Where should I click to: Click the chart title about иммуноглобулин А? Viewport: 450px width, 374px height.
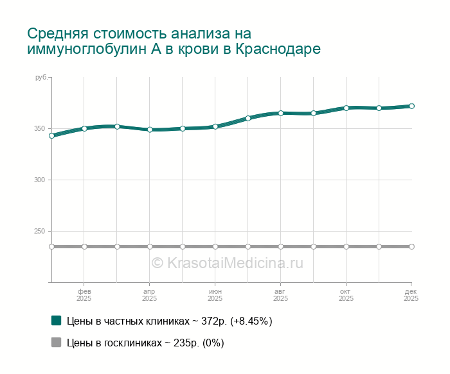pos(174,41)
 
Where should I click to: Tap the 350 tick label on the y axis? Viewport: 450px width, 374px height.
pos(39,129)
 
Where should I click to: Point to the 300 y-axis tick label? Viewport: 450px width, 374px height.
pos(39,180)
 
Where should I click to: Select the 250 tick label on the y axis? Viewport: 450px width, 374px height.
pos(39,232)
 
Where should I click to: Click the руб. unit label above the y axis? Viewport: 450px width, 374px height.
pos(41,78)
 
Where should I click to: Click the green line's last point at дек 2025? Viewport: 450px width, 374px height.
pos(411,106)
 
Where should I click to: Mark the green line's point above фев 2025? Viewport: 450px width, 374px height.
pos(84,128)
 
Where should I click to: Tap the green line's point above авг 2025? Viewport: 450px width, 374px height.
pos(281,113)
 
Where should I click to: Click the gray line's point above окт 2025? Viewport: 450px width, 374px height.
pos(346,246)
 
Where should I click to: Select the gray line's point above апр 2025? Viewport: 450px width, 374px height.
pos(150,246)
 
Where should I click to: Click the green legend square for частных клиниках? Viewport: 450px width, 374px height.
pos(57,321)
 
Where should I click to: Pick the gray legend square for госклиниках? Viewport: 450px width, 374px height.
pos(57,343)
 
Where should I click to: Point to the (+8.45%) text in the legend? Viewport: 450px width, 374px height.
pos(251,321)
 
